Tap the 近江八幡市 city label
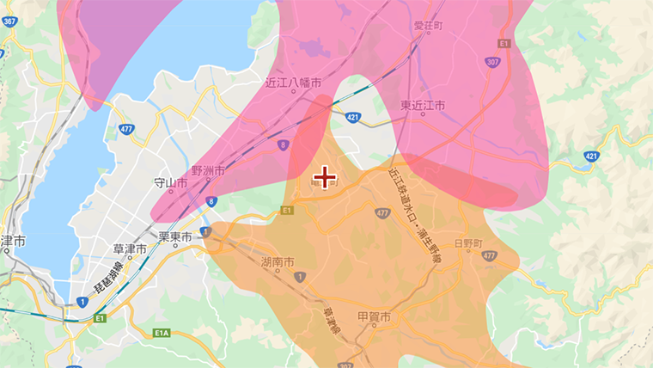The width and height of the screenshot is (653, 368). click(x=294, y=83)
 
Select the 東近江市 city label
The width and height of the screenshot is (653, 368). click(x=423, y=105)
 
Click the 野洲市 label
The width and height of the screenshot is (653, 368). click(x=208, y=171)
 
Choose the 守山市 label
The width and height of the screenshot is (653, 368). click(x=170, y=182)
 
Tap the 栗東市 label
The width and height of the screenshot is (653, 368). click(x=175, y=235)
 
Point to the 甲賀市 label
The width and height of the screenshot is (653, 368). click(x=375, y=317)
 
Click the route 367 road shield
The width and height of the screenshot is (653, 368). click(x=9, y=21)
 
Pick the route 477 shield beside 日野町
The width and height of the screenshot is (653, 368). click(x=489, y=256)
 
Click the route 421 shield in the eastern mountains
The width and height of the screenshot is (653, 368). click(x=591, y=156)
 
